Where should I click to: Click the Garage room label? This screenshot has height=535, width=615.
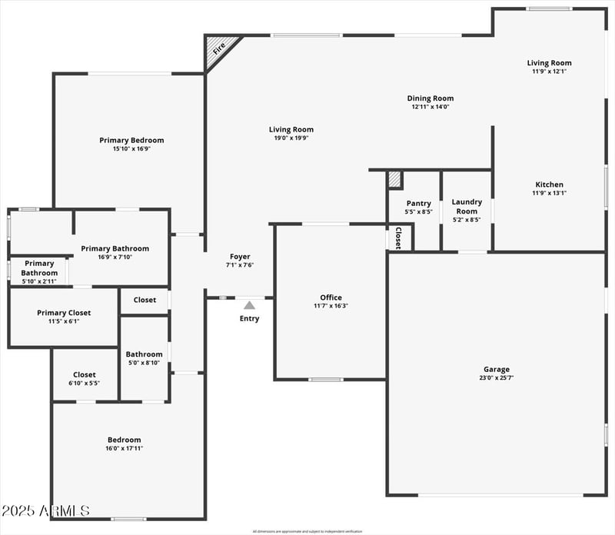point(496,370)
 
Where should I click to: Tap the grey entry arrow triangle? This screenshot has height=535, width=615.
point(249,305)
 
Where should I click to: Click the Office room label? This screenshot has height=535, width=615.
point(331,297)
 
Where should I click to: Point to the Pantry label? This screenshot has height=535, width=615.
point(418,203)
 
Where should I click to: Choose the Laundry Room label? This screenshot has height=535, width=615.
point(467,206)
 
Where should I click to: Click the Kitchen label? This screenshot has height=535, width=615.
point(549,184)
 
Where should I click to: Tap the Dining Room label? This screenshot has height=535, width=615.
point(430,98)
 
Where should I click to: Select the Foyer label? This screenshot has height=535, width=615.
point(240,257)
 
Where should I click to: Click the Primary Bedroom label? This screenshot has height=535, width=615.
point(131,140)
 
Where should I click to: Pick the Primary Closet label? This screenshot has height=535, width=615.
point(64,313)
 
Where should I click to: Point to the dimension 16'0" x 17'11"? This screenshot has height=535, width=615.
point(124,448)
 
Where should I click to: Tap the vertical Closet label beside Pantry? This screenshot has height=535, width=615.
point(398,237)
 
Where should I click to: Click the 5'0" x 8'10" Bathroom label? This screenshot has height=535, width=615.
point(144,354)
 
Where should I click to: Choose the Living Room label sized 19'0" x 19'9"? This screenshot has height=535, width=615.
point(291,130)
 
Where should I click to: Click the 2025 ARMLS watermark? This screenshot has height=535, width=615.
point(46,510)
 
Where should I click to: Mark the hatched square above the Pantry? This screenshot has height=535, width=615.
point(394,179)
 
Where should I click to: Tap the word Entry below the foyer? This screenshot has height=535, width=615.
point(249,318)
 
